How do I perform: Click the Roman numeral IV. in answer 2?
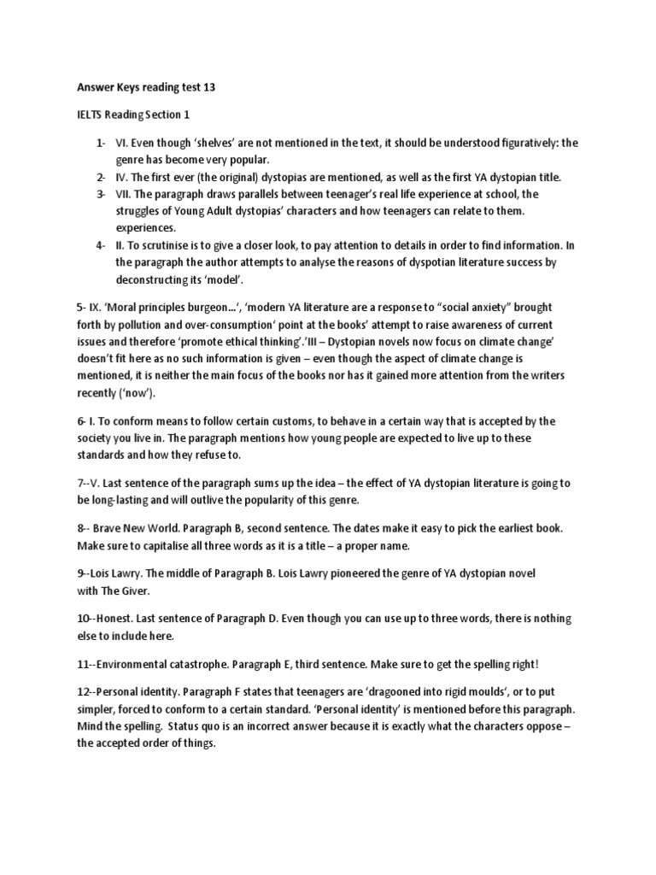[124, 177]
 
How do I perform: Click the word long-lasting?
[118, 499]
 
